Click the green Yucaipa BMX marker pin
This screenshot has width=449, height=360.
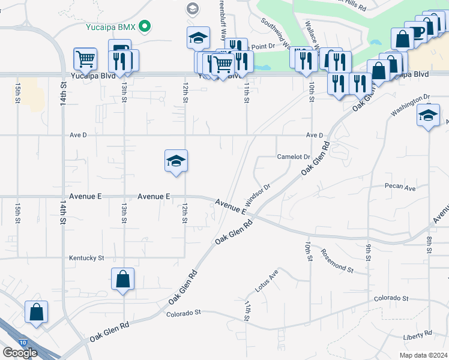pyautogui.click(x=145, y=26)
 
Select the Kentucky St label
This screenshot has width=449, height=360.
pyautogui.click(x=86, y=258)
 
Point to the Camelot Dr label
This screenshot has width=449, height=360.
pyautogui.click(x=292, y=157)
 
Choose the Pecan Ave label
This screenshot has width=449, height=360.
pyautogui.click(x=400, y=188)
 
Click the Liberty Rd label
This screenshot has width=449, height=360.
pyautogui.click(x=418, y=334)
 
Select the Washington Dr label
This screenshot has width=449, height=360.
pyautogui.click(x=411, y=104)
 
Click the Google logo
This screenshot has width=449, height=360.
pyautogui.click(x=20, y=352)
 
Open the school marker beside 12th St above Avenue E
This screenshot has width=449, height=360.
pyautogui.click(x=176, y=161)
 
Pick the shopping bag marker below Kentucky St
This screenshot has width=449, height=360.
pyautogui.click(x=122, y=279)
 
